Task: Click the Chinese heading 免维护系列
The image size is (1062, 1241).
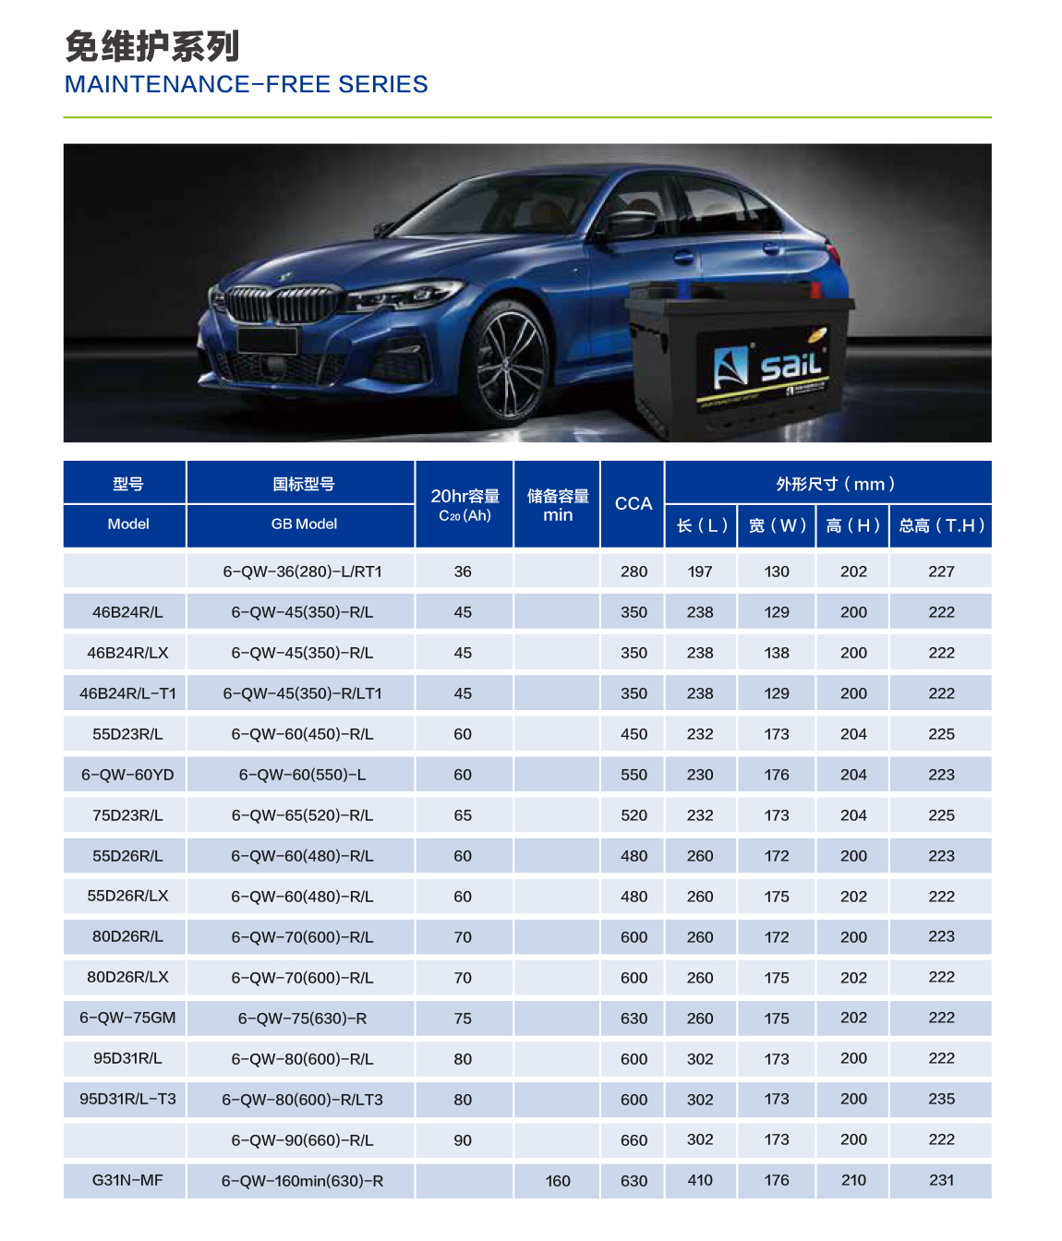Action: pos(152,46)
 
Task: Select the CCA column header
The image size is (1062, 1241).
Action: pos(634,503)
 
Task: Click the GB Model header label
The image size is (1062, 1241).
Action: pos(304,524)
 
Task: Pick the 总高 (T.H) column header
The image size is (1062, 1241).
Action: pos(941,525)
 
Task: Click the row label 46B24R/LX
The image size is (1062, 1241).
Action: pos(127,653)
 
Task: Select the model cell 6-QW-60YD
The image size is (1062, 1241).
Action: pos(127,775)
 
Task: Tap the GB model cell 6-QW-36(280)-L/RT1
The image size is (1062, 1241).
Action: pos(302,572)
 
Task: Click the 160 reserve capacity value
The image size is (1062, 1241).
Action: pos(558,1181)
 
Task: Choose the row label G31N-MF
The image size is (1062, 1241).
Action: pos(127,1180)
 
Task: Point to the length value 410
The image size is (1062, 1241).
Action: pos(700,1180)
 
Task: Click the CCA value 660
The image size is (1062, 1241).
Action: pos(634,1140)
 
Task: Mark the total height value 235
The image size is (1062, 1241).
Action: pos(941,1099)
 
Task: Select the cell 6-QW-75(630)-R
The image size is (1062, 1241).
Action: pos(302,1018)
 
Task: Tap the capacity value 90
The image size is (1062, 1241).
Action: pos(463,1140)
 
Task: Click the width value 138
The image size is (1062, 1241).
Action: pos(777,653)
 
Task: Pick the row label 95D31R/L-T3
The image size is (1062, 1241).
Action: pos(127,1099)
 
